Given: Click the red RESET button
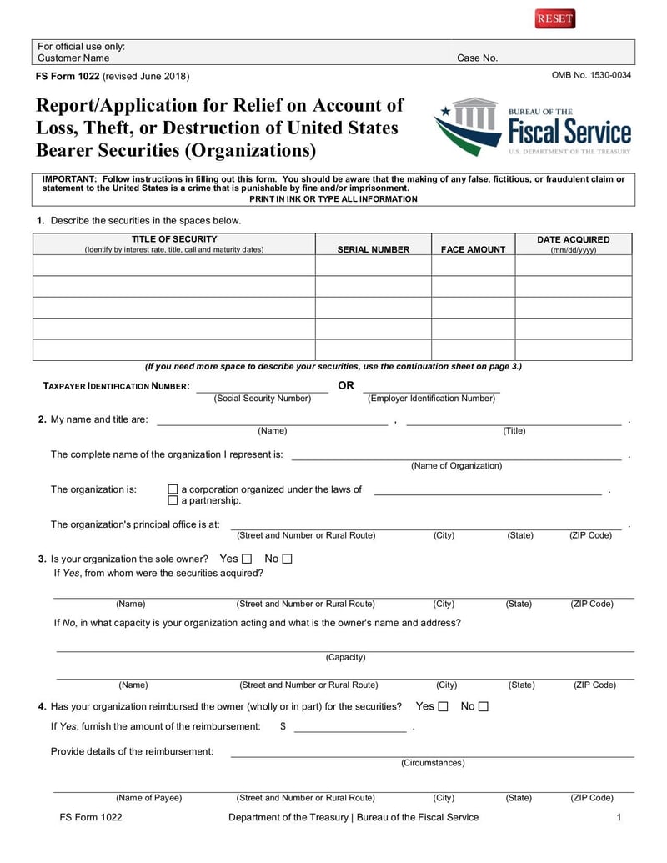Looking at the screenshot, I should (555, 18).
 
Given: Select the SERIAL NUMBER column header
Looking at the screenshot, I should (374, 249).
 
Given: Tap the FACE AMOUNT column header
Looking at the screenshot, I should (473, 249).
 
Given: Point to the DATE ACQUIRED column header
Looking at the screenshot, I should (574, 244).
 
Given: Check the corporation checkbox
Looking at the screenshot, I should (173, 489).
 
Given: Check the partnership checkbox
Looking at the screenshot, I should (173, 501).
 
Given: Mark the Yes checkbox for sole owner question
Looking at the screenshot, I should (246, 559).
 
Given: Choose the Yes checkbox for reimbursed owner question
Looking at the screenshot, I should (443, 707).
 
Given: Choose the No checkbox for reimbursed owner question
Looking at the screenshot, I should (484, 707).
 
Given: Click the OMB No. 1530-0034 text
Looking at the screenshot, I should (591, 76).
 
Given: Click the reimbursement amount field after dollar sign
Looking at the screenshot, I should (350, 727).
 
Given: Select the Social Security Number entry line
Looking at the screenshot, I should (262, 388).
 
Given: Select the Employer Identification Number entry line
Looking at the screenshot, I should (431, 388).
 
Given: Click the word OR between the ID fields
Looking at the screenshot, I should (345, 386).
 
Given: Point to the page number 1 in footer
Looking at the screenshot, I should (619, 817).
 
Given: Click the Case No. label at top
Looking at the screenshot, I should (477, 58).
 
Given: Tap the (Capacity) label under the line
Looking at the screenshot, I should (345, 657).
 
